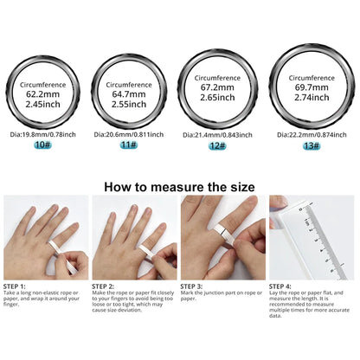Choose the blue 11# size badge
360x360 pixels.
coord(129,145)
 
